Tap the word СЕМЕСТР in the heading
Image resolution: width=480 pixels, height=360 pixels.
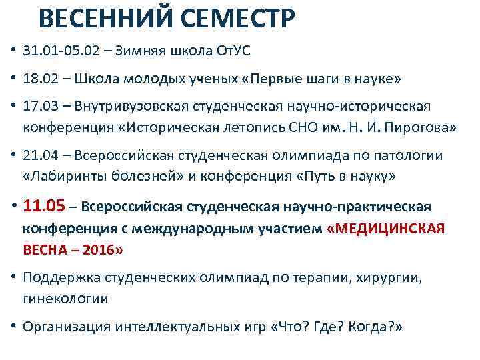coord(243,19)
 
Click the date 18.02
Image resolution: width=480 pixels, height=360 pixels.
coord(39,79)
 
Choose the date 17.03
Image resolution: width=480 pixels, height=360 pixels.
coord(39,107)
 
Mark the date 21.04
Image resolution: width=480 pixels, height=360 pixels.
coord(39,155)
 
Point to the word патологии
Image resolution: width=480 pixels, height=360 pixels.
coord(407,155)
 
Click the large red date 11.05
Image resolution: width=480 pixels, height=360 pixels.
coord(47,205)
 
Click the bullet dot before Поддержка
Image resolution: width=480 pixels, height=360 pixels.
coord(13,277)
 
